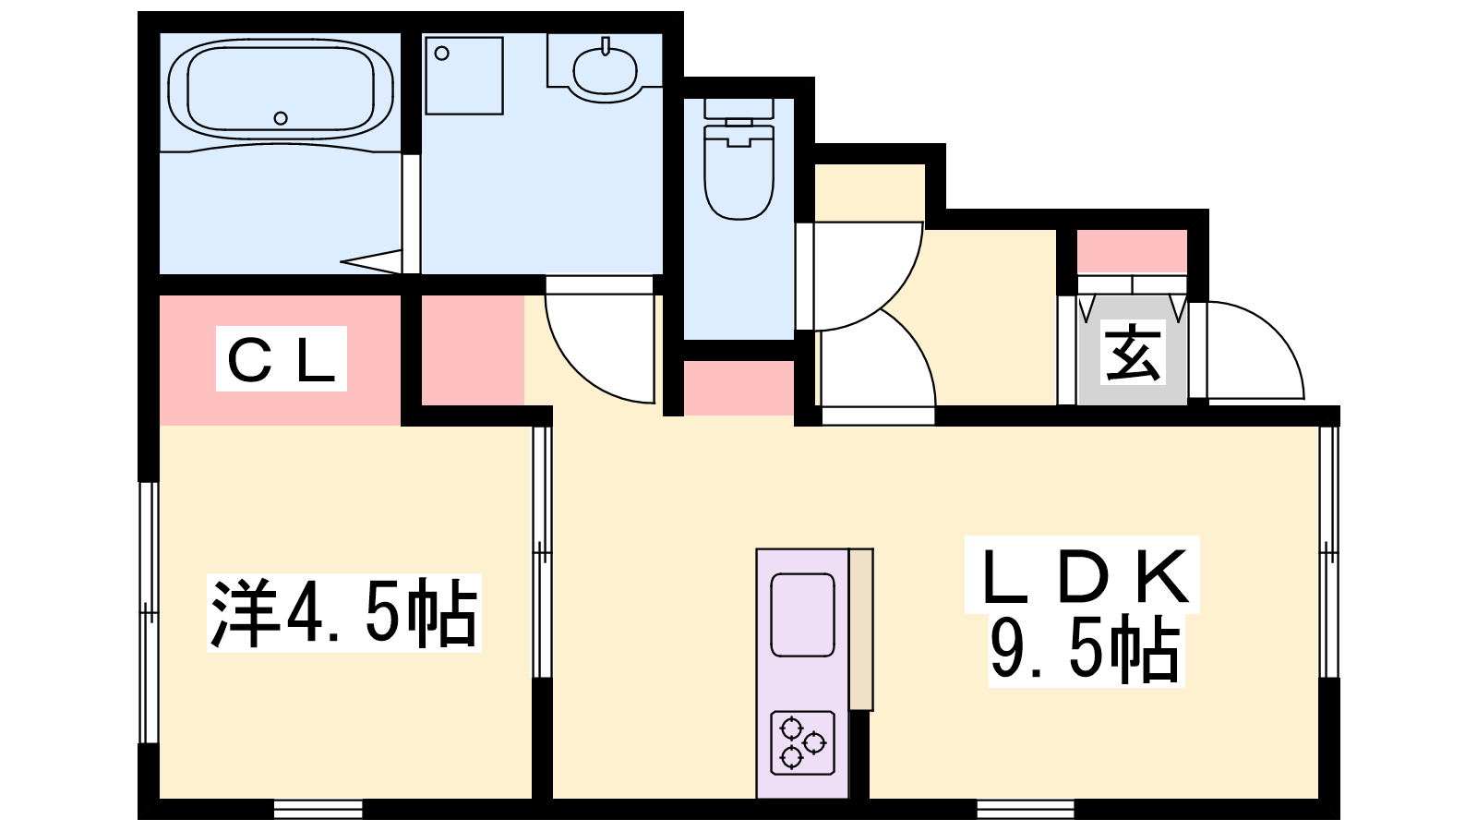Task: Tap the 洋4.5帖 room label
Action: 343,613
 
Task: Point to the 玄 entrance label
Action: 1132,353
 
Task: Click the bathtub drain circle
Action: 281,118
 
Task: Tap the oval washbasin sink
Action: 605,70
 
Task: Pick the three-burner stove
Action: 802,742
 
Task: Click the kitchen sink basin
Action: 802,615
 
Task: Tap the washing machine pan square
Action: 464,75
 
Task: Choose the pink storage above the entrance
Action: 1132,251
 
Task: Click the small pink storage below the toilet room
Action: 738,388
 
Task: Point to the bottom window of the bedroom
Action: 318,809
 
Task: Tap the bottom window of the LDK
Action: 1026,809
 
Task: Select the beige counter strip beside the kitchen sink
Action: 861,629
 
